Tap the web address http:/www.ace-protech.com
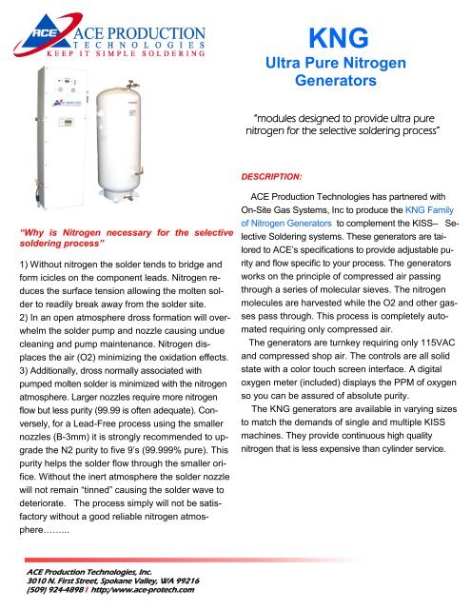(x=148, y=590)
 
